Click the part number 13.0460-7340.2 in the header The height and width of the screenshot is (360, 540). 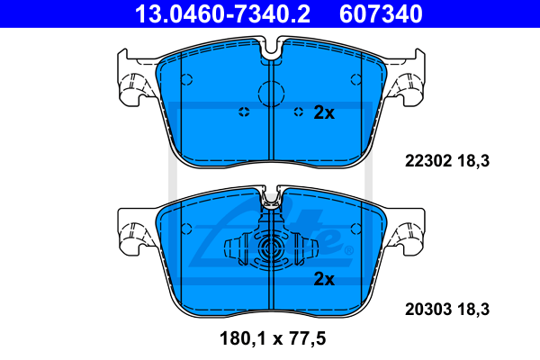[222, 14]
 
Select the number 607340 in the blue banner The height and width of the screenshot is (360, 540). [381, 14]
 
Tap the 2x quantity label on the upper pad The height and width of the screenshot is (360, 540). [324, 112]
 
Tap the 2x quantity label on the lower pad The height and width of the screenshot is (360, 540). [324, 279]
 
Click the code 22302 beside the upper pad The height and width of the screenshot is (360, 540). [428, 161]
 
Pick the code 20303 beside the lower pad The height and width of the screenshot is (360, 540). [428, 310]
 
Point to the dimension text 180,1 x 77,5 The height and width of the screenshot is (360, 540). [273, 338]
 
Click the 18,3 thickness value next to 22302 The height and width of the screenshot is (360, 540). [473, 161]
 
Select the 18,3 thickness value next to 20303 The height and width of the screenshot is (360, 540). [473, 310]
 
